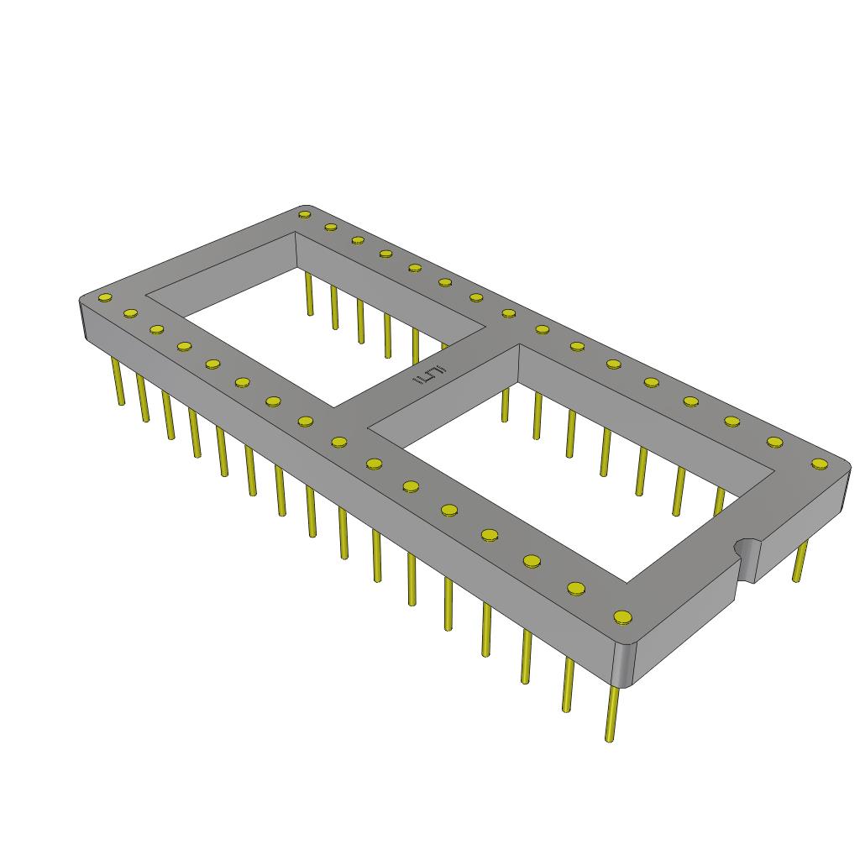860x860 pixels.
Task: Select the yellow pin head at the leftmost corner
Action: tap(105, 298)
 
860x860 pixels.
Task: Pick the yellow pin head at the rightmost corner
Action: tap(819, 463)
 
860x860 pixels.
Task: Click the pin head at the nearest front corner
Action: tap(621, 618)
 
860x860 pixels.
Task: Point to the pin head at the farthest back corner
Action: tap(304, 214)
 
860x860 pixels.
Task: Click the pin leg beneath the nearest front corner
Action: tap(611, 714)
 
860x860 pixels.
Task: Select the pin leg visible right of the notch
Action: tap(800, 561)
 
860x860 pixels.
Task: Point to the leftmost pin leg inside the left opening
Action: tap(309, 294)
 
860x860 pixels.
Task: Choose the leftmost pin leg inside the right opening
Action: tap(505, 404)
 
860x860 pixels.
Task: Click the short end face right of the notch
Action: tap(798, 525)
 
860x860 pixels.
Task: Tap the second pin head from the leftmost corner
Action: tap(130, 313)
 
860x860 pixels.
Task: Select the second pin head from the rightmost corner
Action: tap(774, 441)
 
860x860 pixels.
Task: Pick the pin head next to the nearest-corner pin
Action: tap(576, 588)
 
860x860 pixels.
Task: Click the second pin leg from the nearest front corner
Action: tap(568, 684)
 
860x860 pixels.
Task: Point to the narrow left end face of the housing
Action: tap(84, 323)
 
